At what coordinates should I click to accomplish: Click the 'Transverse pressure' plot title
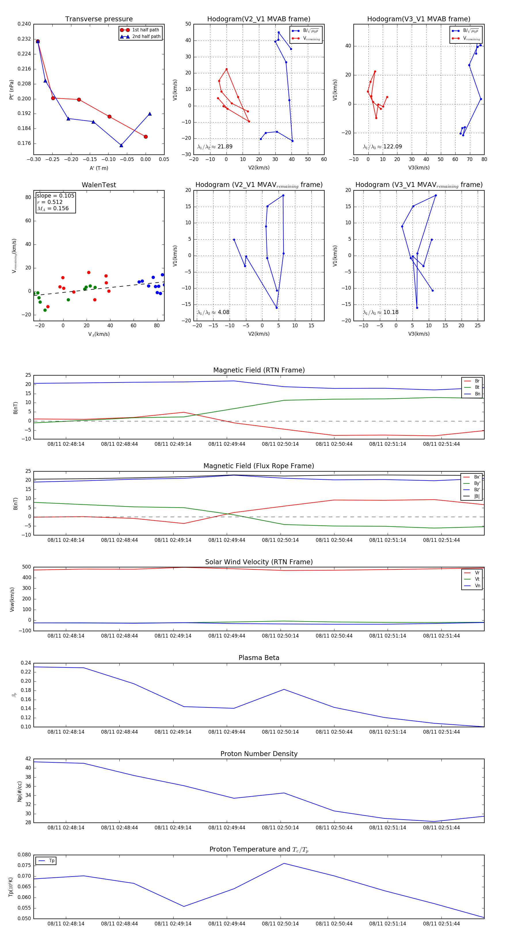click(99, 19)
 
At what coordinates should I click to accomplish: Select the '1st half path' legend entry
click(145, 30)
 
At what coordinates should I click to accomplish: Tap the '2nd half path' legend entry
click(146, 37)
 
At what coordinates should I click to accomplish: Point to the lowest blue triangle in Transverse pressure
click(121, 146)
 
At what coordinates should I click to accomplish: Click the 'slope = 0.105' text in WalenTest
click(55, 196)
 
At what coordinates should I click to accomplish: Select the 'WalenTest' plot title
click(99, 185)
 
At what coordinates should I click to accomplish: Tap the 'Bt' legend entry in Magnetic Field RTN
click(477, 387)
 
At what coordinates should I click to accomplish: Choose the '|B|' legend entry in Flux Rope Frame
click(477, 496)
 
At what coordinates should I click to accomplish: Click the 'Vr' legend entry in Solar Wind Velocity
click(477, 573)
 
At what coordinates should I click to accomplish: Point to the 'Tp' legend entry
click(52, 861)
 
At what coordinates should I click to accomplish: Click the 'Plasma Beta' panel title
click(259, 658)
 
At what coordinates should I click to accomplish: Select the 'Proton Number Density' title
click(259, 754)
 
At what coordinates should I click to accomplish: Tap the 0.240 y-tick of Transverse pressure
click(24, 24)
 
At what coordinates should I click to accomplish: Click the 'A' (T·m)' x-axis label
click(99, 168)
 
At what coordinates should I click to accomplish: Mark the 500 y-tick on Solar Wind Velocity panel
click(26, 567)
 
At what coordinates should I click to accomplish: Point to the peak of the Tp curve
click(284, 864)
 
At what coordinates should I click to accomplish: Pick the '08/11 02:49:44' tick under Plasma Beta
click(227, 732)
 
